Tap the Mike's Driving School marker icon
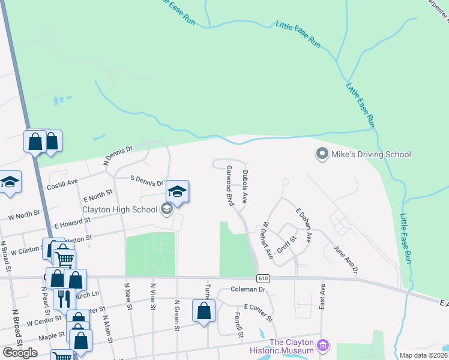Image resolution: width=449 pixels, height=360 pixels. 322,154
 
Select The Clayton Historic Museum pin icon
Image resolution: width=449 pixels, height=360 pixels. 323,345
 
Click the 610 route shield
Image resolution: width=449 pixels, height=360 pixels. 263,278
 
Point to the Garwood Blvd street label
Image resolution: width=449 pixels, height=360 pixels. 229,185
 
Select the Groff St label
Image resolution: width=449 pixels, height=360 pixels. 288,243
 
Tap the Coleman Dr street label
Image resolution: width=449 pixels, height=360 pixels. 248,289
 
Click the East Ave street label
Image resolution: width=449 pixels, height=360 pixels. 322,297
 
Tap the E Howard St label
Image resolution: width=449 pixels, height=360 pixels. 72,223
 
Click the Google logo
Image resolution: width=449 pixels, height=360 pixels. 20,352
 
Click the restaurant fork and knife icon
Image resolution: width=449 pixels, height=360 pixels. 64,298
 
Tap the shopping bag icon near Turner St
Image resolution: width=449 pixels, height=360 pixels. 204,311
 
